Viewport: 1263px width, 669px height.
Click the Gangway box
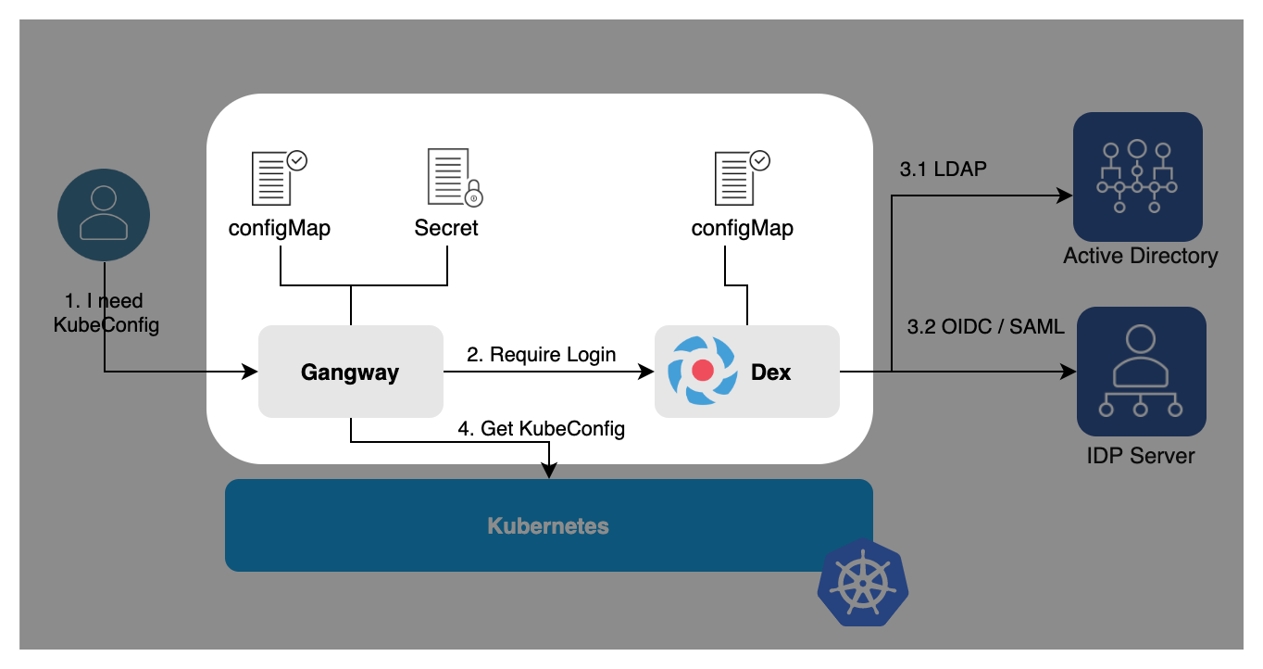350,372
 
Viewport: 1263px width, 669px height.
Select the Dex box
746,372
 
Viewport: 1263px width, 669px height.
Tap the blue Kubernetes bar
548,525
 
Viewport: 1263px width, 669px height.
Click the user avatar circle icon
104,214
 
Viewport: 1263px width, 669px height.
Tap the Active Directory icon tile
1137,177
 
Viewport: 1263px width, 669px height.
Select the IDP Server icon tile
1141,372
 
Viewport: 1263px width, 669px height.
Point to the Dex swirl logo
702,371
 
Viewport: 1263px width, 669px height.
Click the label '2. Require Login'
541,354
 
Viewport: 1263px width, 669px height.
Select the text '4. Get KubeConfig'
541,429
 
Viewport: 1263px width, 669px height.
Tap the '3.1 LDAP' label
943,170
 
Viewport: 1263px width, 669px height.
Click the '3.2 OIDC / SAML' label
985,326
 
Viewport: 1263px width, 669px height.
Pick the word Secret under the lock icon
446,228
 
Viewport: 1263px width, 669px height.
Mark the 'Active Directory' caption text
1140,256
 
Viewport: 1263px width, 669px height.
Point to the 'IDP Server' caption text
1140,456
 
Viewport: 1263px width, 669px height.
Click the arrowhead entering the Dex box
646,372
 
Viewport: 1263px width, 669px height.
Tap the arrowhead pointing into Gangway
250,372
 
